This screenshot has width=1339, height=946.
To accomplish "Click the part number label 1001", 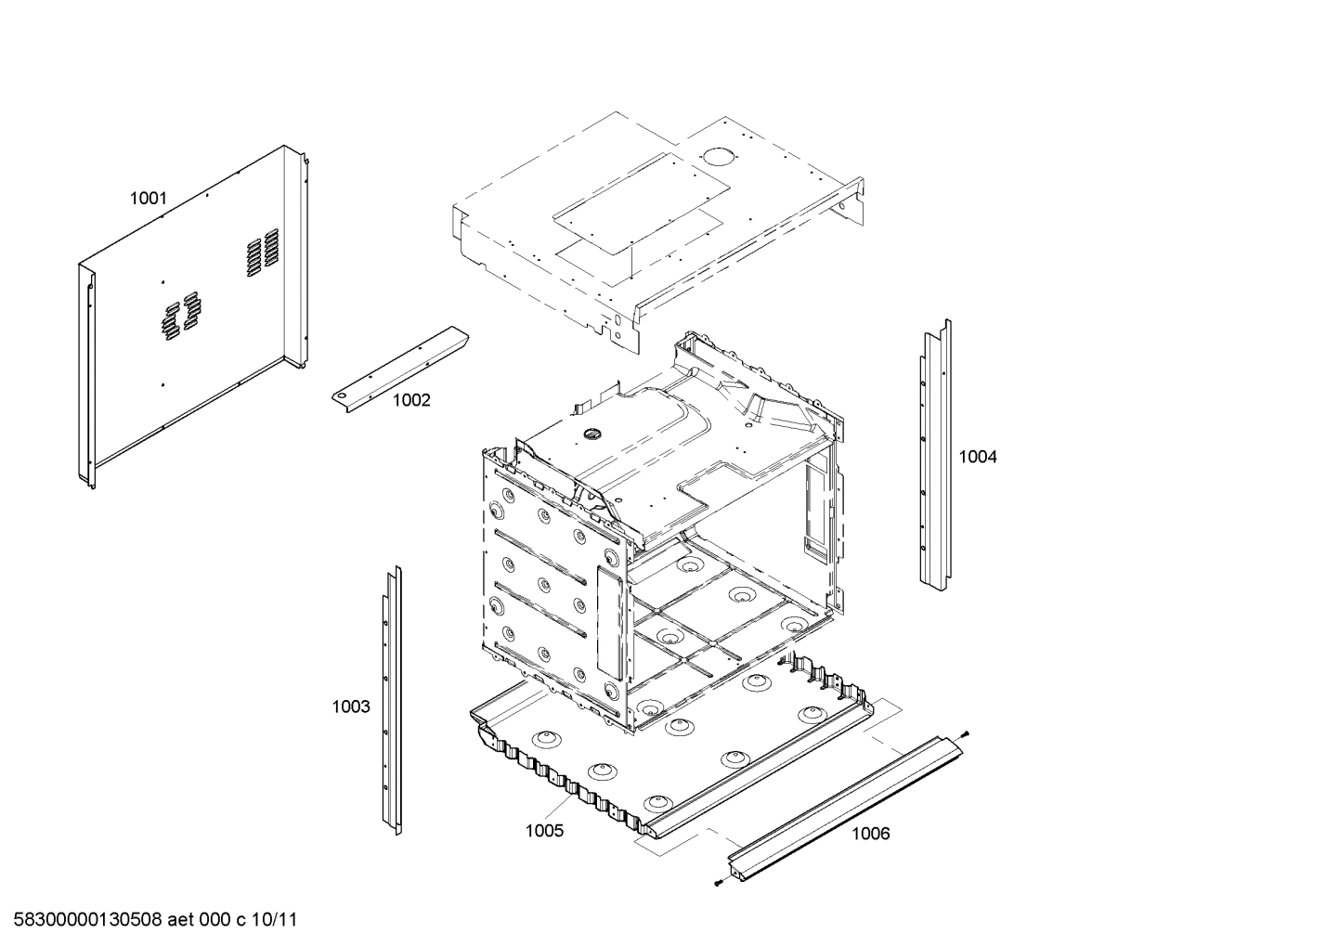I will click(x=148, y=198).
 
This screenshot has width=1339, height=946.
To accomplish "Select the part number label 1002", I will click(x=411, y=400).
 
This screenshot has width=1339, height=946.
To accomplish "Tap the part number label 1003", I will click(x=351, y=706).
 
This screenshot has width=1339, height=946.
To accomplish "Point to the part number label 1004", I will click(x=977, y=456).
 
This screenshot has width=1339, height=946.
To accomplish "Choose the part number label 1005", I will click(x=544, y=830).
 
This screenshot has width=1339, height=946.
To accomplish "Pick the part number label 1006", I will click(x=870, y=833).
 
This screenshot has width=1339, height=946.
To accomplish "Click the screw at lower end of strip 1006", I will click(x=719, y=883).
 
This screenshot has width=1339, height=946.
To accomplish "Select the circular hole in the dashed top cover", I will click(x=716, y=158).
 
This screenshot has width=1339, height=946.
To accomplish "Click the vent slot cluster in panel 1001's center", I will click(x=179, y=313).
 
